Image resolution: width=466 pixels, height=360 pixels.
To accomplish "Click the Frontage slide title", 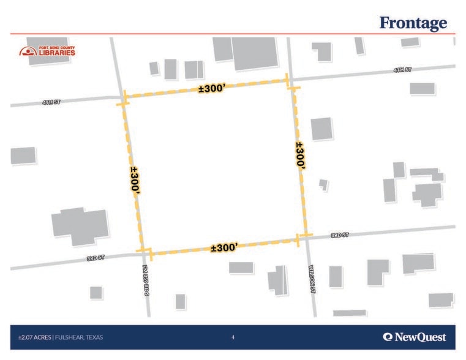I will (x=413, y=23).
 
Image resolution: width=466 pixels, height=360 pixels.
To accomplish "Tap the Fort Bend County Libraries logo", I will (x=47, y=51).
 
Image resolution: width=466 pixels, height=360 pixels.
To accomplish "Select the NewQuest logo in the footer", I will (x=414, y=337).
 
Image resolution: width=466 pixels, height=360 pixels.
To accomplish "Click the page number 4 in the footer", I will (x=233, y=337).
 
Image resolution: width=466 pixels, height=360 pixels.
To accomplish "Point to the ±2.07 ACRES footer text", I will (x=34, y=337).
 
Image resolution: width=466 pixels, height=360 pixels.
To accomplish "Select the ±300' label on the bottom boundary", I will (x=224, y=247).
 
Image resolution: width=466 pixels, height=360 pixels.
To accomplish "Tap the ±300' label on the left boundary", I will (x=135, y=181).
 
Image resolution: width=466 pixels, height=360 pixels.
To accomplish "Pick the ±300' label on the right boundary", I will (x=300, y=156).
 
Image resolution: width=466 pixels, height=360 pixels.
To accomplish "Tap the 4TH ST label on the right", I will (x=402, y=70).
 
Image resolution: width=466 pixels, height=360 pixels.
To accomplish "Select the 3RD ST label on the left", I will (x=96, y=258).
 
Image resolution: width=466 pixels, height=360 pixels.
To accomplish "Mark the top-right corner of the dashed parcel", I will (x=290, y=81).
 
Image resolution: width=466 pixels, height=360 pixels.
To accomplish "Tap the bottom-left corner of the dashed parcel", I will (x=146, y=253).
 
